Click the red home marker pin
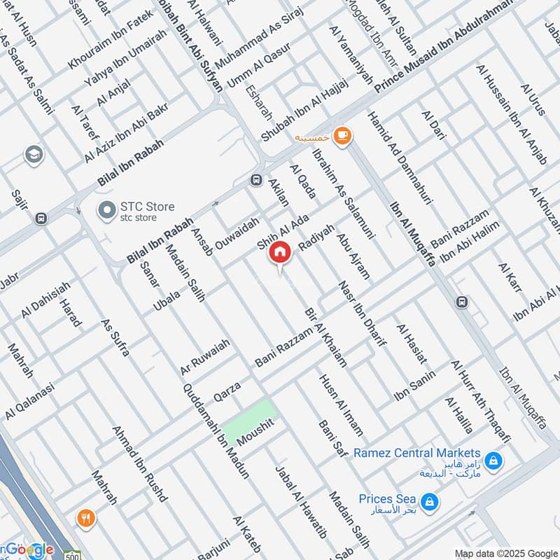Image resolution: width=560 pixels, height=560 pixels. [x=280, y=252]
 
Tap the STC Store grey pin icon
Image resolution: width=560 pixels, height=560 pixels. [x=106, y=209]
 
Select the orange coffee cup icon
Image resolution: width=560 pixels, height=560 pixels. [x=342, y=135]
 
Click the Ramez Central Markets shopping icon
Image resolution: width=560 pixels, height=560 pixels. [x=494, y=461]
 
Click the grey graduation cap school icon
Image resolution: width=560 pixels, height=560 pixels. [x=33, y=154]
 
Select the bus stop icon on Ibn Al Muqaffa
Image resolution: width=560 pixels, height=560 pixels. [x=461, y=302]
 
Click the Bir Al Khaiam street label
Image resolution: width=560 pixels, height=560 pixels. [x=325, y=337]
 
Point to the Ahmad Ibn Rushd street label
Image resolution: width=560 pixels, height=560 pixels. [x=140, y=463]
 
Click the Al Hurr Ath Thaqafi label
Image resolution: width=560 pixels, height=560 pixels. [x=481, y=397]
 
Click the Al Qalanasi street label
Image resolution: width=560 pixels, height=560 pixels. [x=30, y=400]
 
